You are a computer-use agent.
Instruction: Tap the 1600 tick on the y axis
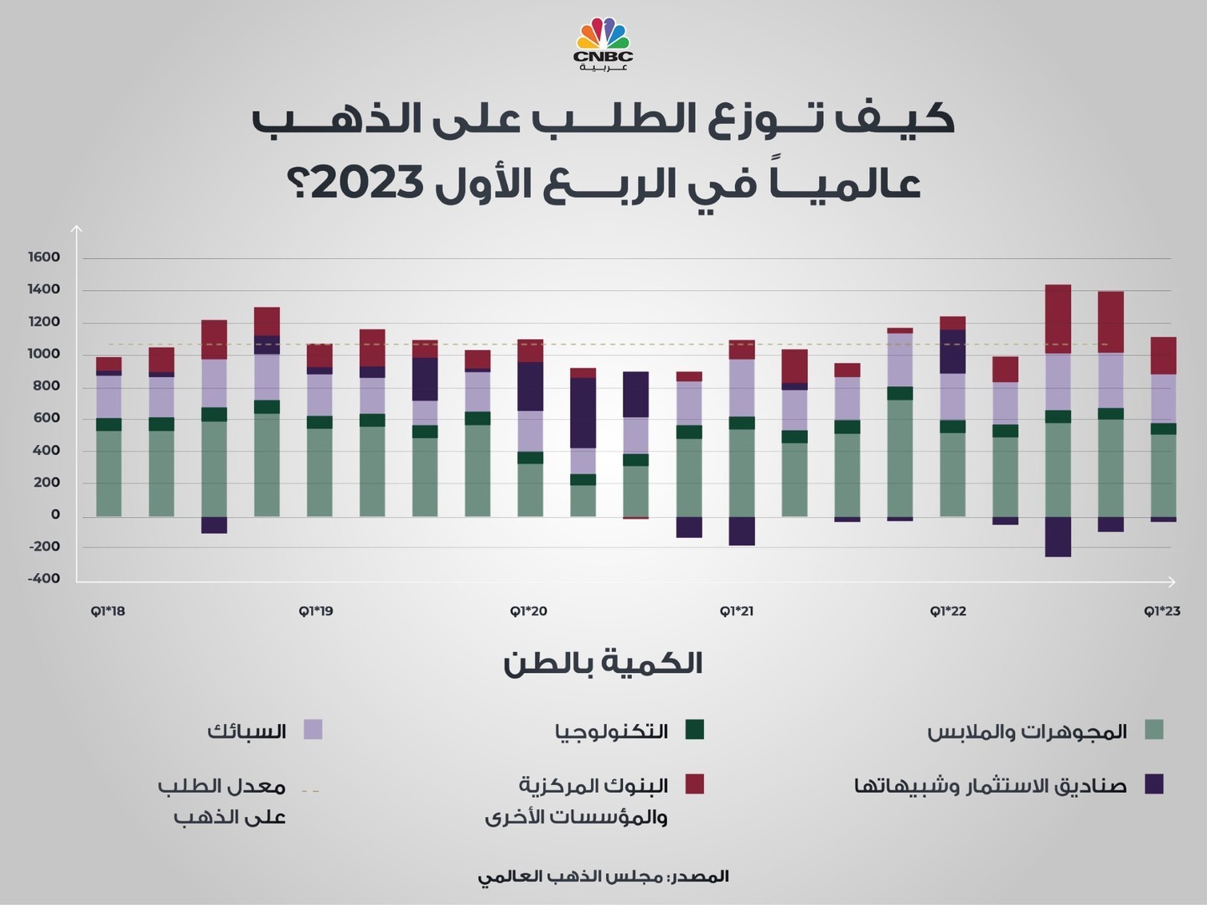click(x=44, y=257)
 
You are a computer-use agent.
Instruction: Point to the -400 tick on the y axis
click(x=44, y=578)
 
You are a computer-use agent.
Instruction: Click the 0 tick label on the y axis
click(x=55, y=515)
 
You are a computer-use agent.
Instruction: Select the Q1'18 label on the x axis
click(x=108, y=611)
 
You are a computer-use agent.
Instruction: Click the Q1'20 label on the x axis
click(x=529, y=611)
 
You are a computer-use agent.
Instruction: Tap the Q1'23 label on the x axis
click(x=1163, y=611)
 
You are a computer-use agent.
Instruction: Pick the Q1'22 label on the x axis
click(x=948, y=611)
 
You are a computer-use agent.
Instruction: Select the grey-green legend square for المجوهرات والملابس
click(x=1154, y=729)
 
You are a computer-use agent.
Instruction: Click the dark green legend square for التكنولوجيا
click(x=694, y=729)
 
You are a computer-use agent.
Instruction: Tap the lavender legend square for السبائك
click(x=313, y=729)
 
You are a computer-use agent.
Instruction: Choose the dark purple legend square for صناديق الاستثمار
click(x=1154, y=783)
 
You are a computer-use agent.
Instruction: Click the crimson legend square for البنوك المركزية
click(x=694, y=783)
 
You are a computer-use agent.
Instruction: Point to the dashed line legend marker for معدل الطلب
click(x=311, y=790)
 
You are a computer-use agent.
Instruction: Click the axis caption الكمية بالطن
click(x=603, y=664)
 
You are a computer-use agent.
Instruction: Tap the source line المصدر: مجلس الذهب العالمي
click(x=603, y=877)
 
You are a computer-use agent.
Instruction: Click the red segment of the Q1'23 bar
click(x=1163, y=355)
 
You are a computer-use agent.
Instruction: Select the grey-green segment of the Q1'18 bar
click(x=109, y=473)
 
